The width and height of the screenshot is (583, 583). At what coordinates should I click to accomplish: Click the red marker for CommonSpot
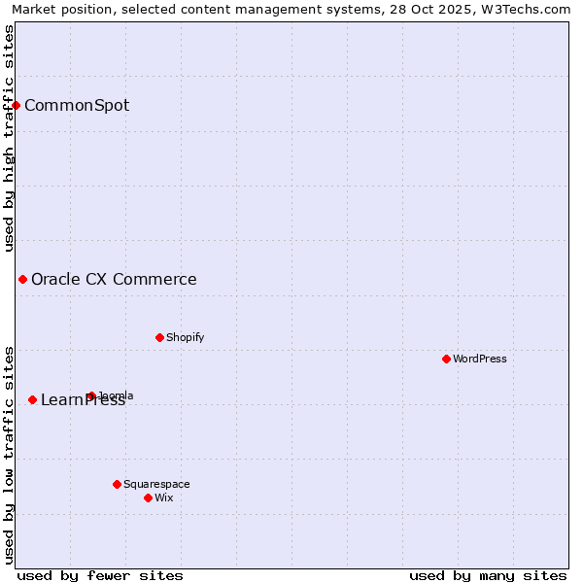[17, 105]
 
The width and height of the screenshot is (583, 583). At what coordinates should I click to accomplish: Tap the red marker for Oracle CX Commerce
[22, 280]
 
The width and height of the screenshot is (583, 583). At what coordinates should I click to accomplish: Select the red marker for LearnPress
[32, 399]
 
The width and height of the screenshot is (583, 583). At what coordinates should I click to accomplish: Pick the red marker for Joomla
[91, 395]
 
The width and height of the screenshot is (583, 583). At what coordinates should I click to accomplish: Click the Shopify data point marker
[159, 337]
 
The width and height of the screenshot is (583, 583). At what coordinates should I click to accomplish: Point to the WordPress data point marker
[446, 359]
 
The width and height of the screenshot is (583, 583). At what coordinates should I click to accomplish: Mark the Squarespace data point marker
[117, 484]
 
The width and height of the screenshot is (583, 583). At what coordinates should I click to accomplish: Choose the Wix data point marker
[148, 497]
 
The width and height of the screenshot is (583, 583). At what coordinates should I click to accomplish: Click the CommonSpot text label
[77, 106]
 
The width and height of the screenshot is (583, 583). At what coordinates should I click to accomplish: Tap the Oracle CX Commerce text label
[114, 280]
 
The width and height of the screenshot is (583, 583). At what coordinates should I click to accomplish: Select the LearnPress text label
[83, 400]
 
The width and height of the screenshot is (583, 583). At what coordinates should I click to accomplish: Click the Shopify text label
[186, 337]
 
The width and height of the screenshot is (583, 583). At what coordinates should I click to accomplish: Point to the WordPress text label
[480, 359]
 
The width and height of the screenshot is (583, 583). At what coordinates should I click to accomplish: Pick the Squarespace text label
[156, 484]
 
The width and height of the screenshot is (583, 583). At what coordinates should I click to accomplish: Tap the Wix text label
[164, 497]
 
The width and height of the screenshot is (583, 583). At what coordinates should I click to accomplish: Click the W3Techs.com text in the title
[530, 9]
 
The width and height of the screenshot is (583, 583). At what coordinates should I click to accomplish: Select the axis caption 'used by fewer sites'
[100, 575]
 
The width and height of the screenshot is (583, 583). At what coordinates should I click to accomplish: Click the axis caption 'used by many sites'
[488, 575]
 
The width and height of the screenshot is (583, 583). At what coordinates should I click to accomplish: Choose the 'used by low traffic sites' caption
[9, 455]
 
